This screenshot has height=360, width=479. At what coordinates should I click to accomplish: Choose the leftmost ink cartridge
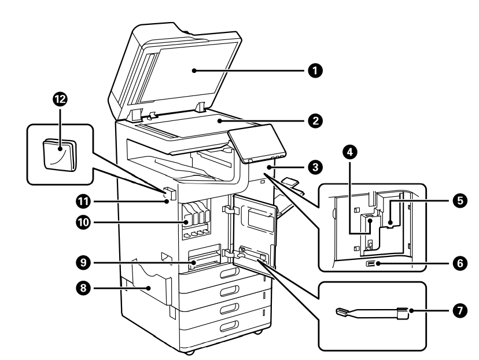click(x=188, y=214)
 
